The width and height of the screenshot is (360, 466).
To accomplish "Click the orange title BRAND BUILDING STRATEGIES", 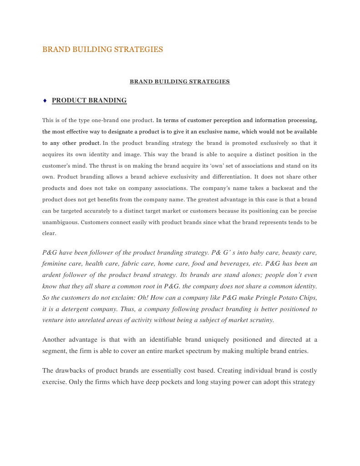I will pos(102,49).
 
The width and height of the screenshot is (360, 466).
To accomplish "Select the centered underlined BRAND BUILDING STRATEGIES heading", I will pos(180,82).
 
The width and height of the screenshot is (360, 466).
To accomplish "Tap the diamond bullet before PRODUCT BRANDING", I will pos(45,100).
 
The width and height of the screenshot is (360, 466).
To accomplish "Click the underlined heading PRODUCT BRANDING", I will pos(89,100).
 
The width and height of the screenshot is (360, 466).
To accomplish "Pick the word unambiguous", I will pos(60,222).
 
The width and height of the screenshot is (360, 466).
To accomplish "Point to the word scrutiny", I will pos(259,320).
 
